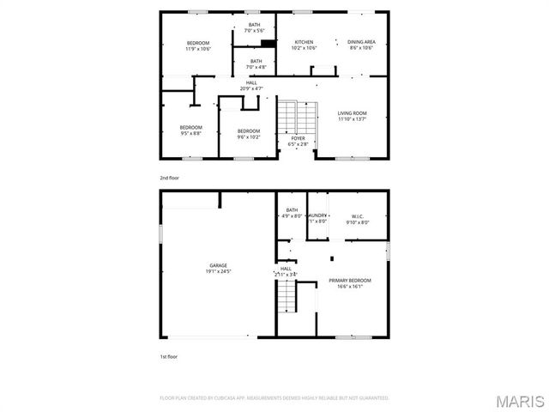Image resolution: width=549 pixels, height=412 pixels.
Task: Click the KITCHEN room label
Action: pyautogui.click(x=305, y=42)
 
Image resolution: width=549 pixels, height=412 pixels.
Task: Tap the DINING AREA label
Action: pyautogui.click(x=361, y=42)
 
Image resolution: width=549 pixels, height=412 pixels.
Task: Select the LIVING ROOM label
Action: pyautogui.click(x=352, y=113)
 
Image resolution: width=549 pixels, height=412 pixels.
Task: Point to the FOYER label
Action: pyautogui.click(x=298, y=138)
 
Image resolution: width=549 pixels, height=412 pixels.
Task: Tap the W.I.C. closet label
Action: pyautogui.click(x=358, y=215)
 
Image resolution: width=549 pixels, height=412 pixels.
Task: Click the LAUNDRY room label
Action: pyautogui.click(x=317, y=215)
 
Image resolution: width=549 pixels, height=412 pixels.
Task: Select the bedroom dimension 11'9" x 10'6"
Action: pyautogui.click(x=199, y=49)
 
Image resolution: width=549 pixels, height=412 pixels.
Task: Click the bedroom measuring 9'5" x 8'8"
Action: pyautogui.click(x=190, y=133)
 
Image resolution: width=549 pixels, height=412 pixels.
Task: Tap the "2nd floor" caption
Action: pyautogui.click(x=169, y=178)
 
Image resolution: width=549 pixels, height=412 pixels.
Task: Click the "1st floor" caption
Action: pyautogui.click(x=169, y=354)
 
